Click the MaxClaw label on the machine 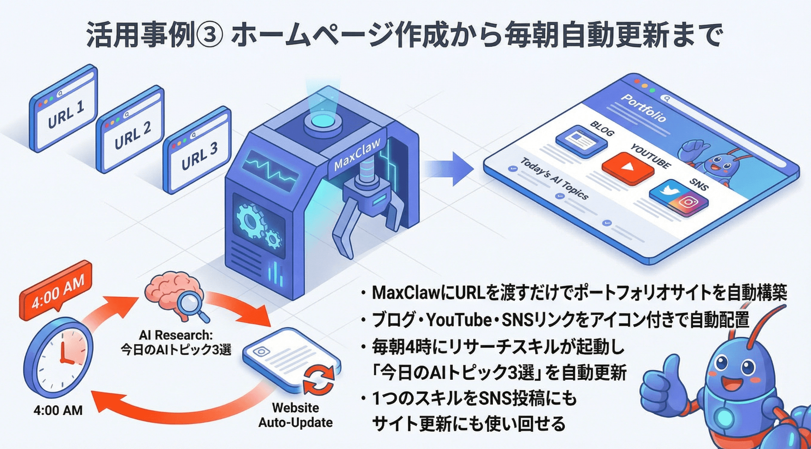357,155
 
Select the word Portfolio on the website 643,108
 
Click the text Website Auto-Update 295,415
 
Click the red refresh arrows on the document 319,380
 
